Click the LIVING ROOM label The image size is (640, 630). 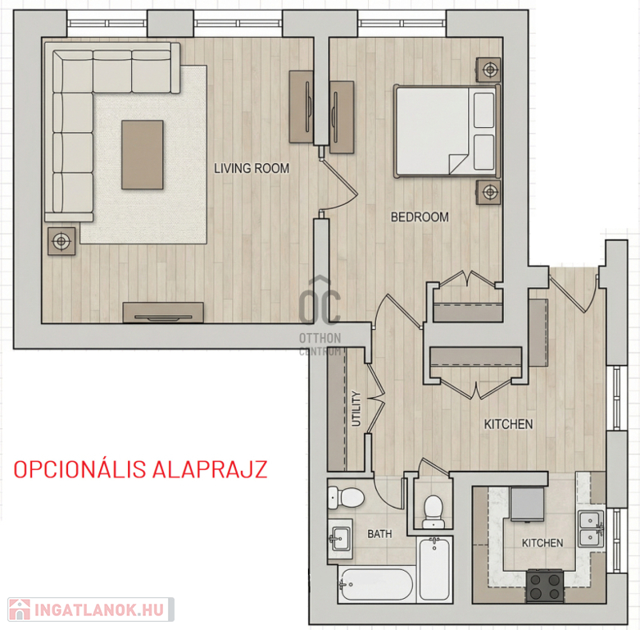[x=252, y=168]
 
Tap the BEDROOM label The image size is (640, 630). [x=420, y=217]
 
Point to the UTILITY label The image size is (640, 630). [x=356, y=409]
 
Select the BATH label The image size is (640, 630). [x=379, y=533]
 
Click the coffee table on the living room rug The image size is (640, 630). [x=143, y=154]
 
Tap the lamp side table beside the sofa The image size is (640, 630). [x=61, y=241]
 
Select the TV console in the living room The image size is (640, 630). [x=163, y=313]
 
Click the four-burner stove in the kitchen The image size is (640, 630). [x=545, y=586]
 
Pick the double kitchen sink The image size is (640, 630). [x=590, y=528]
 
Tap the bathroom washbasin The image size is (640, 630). [x=339, y=537]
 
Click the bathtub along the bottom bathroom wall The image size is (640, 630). [x=376, y=585]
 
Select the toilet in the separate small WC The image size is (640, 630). [x=432, y=511]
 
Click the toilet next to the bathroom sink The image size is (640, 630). [x=346, y=497]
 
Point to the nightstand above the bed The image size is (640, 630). [x=489, y=70]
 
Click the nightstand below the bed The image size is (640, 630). [x=489, y=191]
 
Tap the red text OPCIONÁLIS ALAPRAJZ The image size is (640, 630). [x=141, y=469]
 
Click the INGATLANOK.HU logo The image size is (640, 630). [x=91, y=609]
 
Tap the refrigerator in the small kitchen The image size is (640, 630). [x=527, y=504]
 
